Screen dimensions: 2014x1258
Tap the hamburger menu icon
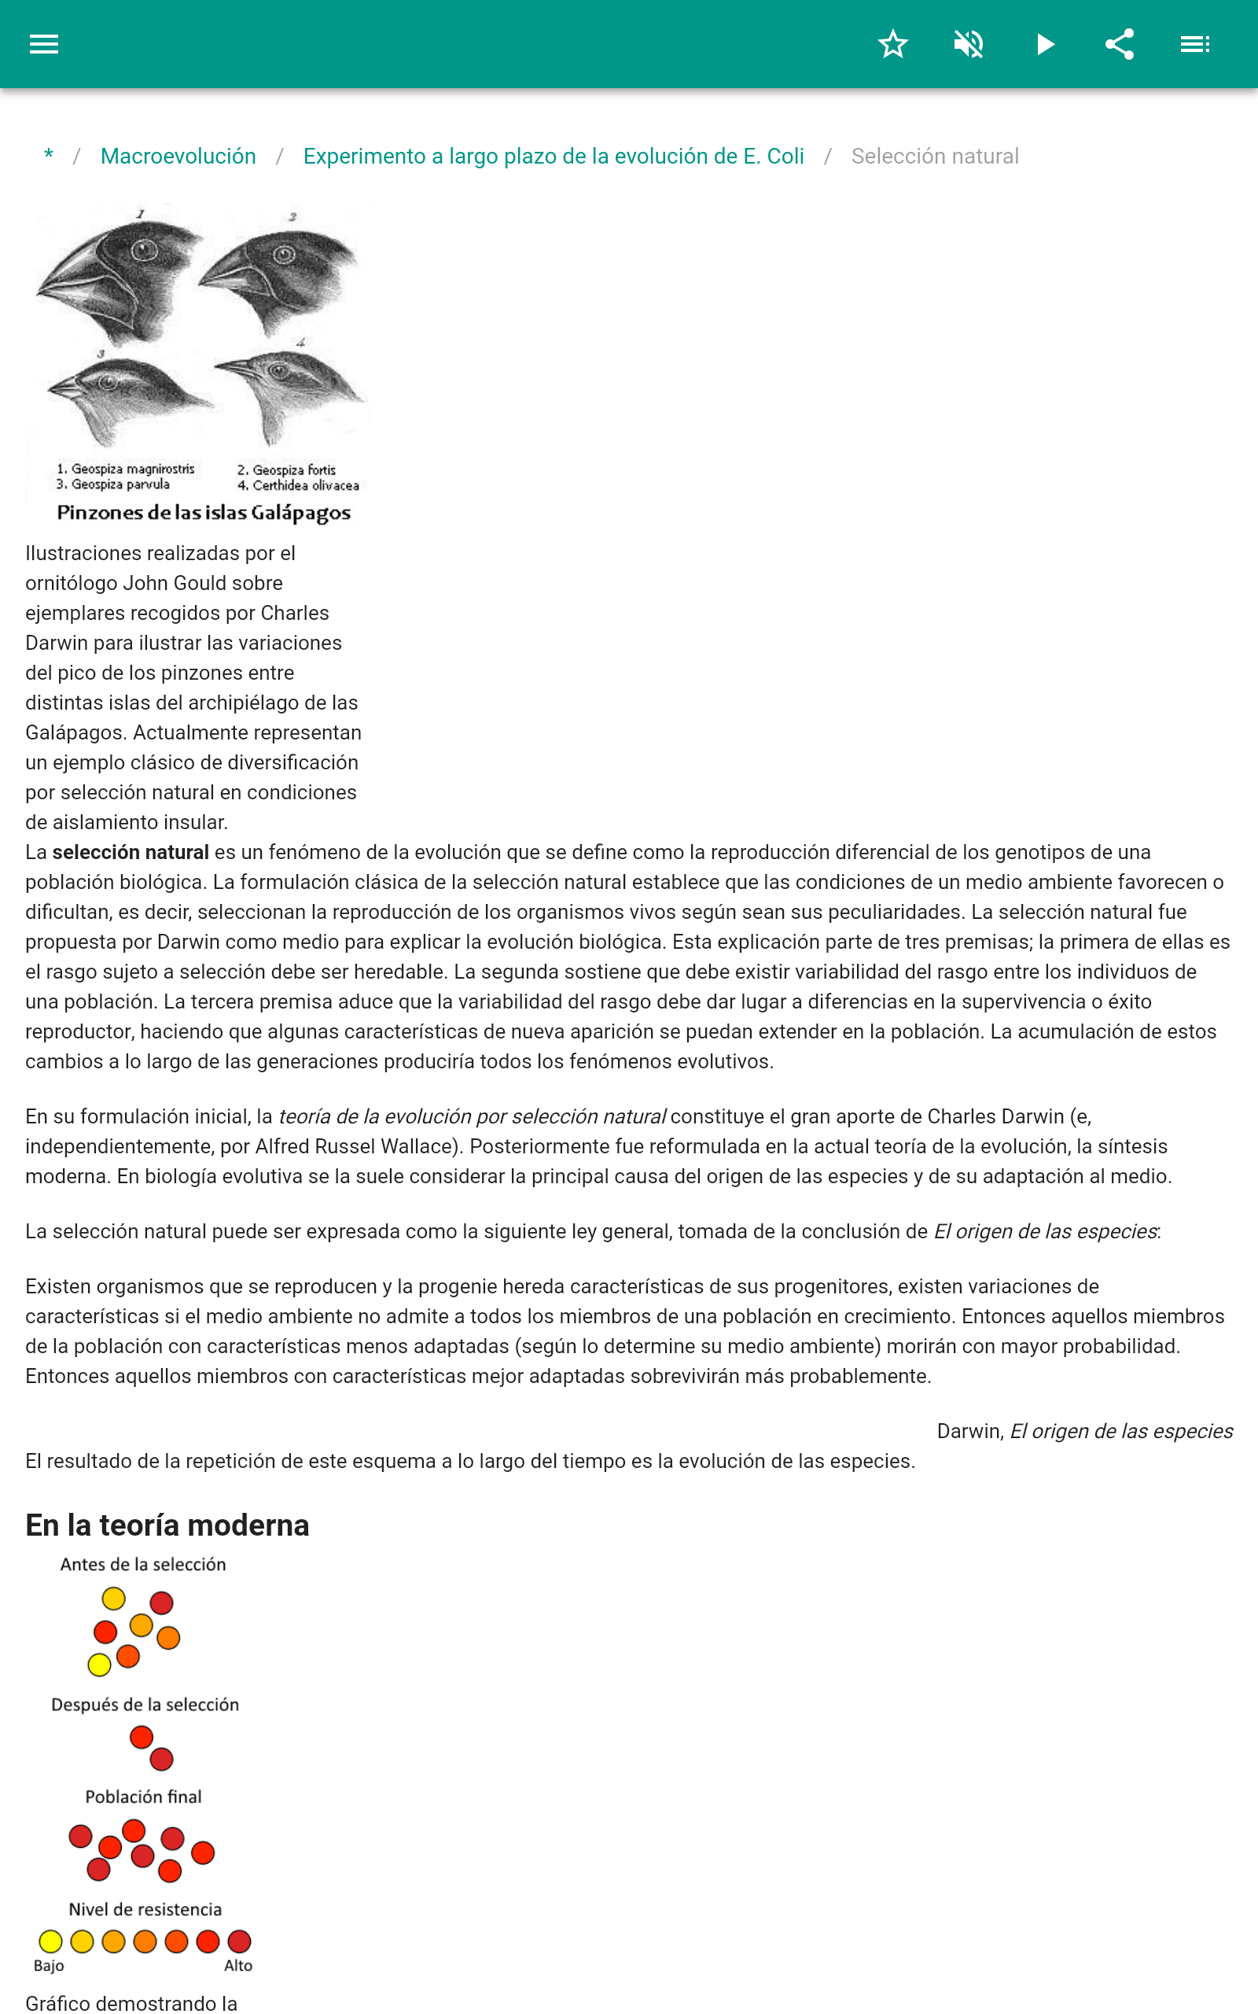click(44, 44)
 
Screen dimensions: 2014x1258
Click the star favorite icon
click(892, 44)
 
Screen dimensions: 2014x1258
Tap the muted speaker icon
click(969, 44)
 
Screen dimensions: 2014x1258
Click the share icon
click(1119, 44)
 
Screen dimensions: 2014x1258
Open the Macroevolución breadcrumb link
click(178, 157)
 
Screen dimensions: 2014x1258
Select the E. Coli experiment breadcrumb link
click(554, 157)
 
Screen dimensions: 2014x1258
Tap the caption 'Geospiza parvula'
click(120, 485)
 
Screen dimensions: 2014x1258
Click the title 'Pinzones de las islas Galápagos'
click(204, 513)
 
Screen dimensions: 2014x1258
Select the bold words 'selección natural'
click(131, 852)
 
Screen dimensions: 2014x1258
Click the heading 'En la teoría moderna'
click(167, 1525)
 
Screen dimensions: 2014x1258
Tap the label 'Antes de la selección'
click(143, 1565)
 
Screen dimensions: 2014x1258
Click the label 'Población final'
click(143, 1797)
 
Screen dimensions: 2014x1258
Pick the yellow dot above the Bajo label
click(50, 1942)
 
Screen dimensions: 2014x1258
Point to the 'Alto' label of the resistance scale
click(238, 1966)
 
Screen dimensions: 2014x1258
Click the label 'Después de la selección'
click(145, 1704)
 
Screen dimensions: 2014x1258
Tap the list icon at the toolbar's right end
click(1195, 44)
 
